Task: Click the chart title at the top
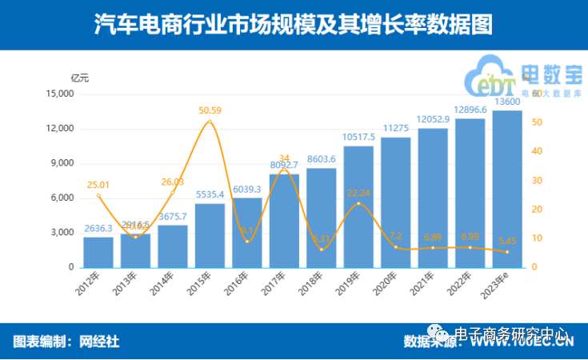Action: pyautogui.click(x=294, y=24)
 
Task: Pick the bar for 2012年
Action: pyautogui.click(x=98, y=252)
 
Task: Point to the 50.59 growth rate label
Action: pyautogui.click(x=210, y=110)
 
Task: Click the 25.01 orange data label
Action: pyautogui.click(x=98, y=185)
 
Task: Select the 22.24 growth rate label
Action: pyautogui.click(x=358, y=193)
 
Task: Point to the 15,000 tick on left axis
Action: pyautogui.click(x=59, y=94)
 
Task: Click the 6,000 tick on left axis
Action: pyautogui.click(x=62, y=198)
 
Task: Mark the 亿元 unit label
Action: pyautogui.click(x=80, y=78)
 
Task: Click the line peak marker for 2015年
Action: pyautogui.click(x=210, y=122)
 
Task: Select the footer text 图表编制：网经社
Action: pyautogui.click(x=66, y=342)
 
